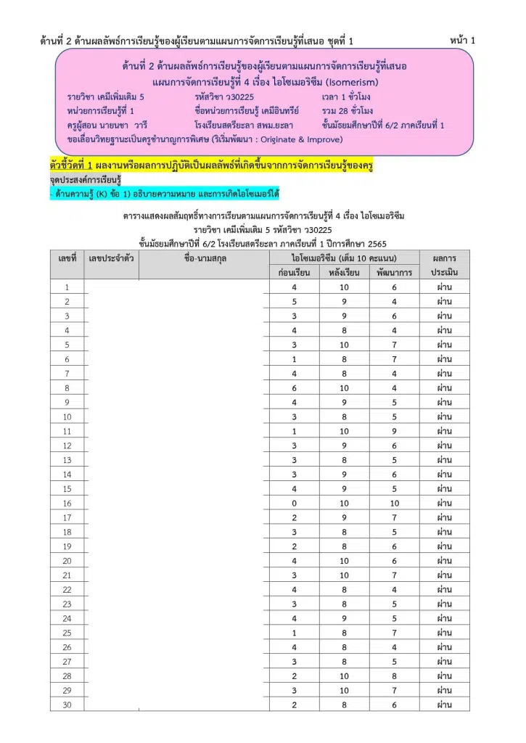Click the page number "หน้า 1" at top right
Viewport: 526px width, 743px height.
point(462,41)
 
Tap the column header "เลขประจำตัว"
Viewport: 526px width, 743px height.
point(111,258)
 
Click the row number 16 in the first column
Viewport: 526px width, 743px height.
point(67,503)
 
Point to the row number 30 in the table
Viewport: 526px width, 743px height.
point(67,704)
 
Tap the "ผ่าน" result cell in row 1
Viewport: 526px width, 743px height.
point(444,288)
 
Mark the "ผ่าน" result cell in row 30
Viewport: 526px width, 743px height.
point(444,704)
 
